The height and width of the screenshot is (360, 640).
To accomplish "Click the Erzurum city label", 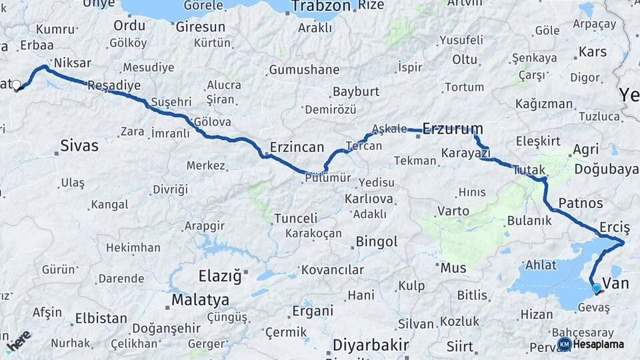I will tap(453, 129).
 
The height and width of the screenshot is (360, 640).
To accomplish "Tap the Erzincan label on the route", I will tap(297, 147).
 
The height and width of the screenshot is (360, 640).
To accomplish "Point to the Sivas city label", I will tap(79, 146).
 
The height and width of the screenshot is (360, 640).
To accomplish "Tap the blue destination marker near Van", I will tap(596, 289).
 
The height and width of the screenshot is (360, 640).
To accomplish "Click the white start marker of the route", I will tap(17, 85).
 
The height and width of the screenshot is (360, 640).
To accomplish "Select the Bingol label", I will tap(377, 241).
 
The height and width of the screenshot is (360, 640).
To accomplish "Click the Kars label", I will tap(592, 51).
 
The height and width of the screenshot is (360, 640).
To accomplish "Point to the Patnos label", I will tap(581, 203).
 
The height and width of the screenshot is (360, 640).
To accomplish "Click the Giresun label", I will tap(200, 27).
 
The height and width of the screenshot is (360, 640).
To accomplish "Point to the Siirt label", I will tap(460, 346).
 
